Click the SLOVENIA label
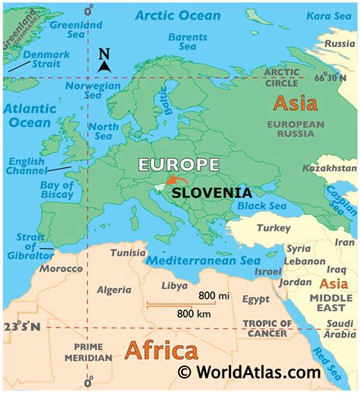coord(211,193)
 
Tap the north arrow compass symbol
coord(105,61)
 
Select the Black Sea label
coord(261,206)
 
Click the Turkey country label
coord(268,228)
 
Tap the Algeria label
coord(114,290)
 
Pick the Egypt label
coord(256,300)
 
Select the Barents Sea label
coord(187,43)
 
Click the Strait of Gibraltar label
coord(22,246)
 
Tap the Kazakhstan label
coord(328,167)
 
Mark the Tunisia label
coord(128,252)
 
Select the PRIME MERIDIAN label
coord(88,352)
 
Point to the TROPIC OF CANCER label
coord(266,328)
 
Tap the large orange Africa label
coord(161,350)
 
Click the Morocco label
coord(61,269)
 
